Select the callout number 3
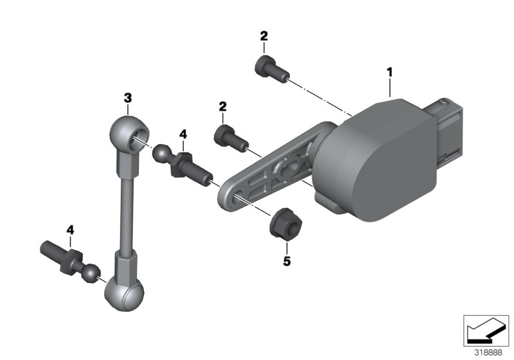click(128, 98)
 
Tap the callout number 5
click(287, 262)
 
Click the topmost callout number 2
click(263, 36)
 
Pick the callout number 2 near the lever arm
click(223, 105)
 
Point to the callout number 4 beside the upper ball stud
click(183, 134)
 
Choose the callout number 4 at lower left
click(70, 230)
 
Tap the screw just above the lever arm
click(227, 137)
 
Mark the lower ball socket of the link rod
click(124, 292)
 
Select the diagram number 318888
click(488, 353)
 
